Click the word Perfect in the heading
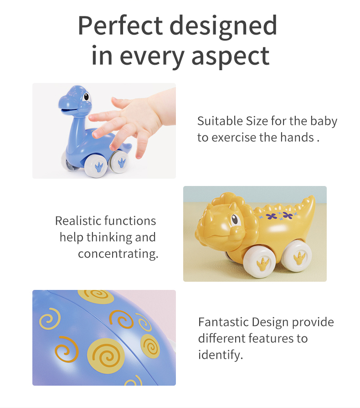pos(120,26)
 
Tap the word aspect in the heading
pos(230,56)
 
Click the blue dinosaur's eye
pos(86,97)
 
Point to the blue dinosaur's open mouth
pos(70,111)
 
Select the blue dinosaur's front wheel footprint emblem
pos(99,167)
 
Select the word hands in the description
pos(297,137)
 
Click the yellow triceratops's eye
pos(235,219)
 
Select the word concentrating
pos(118,254)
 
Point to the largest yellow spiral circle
pos(106,356)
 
